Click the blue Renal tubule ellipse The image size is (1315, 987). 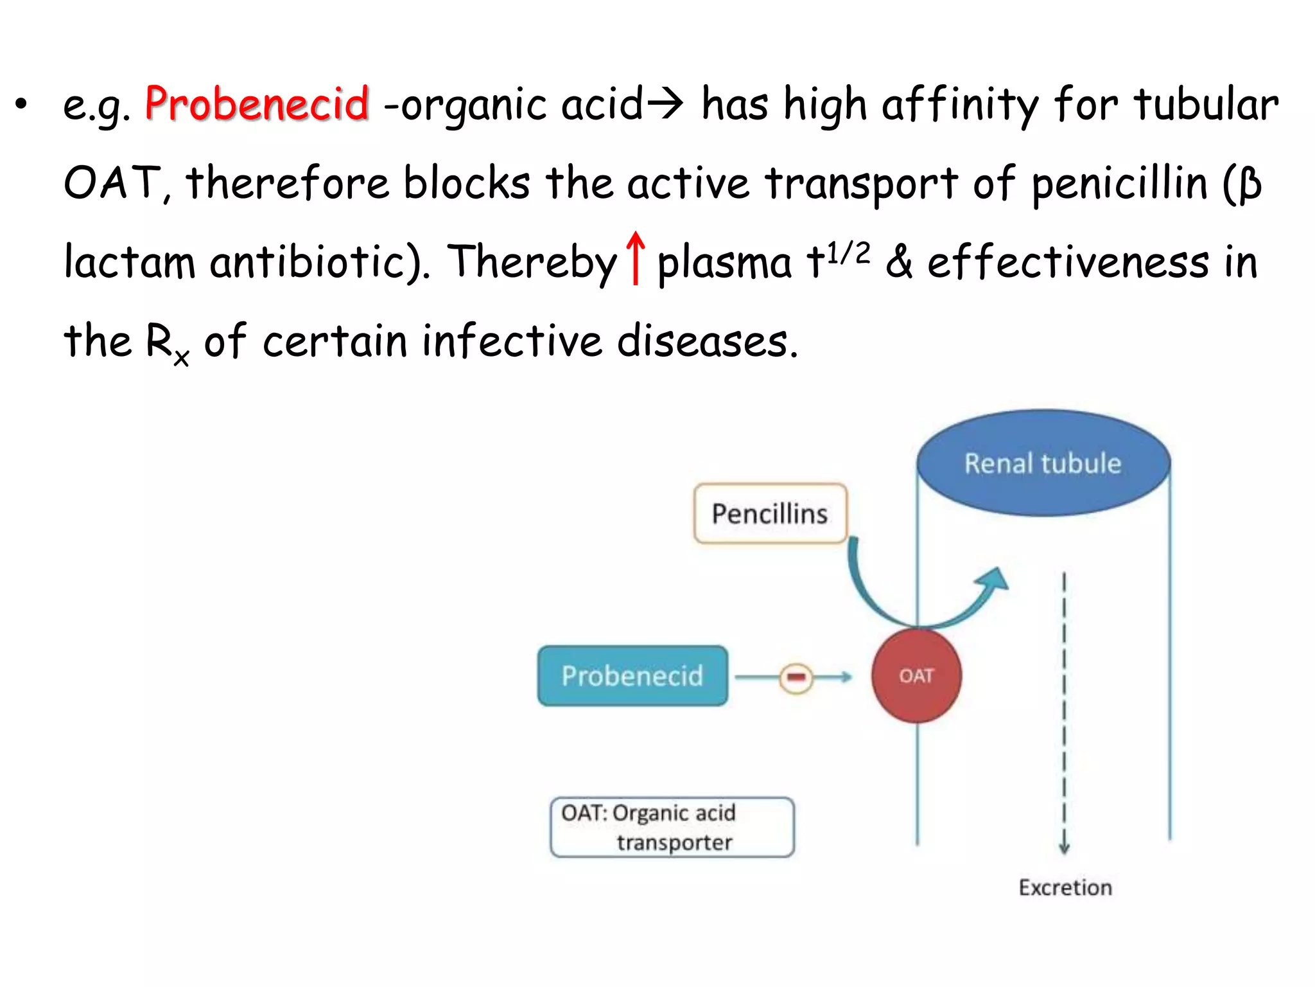pyautogui.click(x=1043, y=463)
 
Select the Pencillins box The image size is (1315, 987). pyautogui.click(x=770, y=513)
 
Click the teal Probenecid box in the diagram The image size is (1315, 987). pyautogui.click(x=632, y=676)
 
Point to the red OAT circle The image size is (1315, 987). pyautogui.click(x=916, y=676)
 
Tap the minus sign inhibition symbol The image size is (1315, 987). pyautogui.click(x=796, y=677)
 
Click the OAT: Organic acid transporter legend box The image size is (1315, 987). pyautogui.click(x=672, y=827)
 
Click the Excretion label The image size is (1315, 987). pyautogui.click(x=1065, y=887)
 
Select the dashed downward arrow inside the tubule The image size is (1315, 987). pyautogui.click(x=1064, y=713)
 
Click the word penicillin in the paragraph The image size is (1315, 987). pyautogui.click(x=1119, y=183)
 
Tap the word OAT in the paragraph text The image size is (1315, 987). pyautogui.click(x=112, y=183)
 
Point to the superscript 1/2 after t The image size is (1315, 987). pyautogui.click(x=848, y=253)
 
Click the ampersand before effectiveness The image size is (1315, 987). pyautogui.click(x=900, y=262)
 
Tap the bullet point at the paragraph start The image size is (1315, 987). pyautogui.click(x=22, y=104)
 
